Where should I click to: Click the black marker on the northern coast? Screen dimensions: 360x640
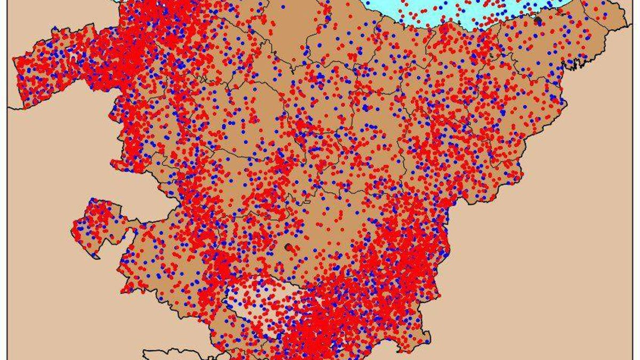click(538, 20)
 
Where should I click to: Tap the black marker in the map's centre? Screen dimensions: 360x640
click(289, 247)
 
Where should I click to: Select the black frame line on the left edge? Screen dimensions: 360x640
click(7, 213)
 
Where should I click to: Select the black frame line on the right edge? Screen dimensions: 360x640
click(633, 213)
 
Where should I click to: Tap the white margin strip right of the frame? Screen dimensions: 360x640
click(637, 213)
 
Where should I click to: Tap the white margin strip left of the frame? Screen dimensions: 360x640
click(3, 213)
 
